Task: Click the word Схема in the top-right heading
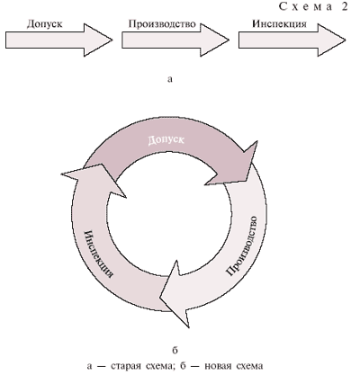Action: pyautogui.click(x=306, y=6)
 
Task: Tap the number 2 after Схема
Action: pyautogui.click(x=344, y=6)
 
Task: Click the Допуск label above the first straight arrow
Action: pyautogui.click(x=45, y=24)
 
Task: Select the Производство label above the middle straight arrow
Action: pyautogui.click(x=162, y=23)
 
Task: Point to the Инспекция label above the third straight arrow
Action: pyautogui.click(x=279, y=24)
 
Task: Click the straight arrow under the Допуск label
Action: pyautogui.click(x=59, y=40)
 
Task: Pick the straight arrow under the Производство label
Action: pyautogui.click(x=175, y=40)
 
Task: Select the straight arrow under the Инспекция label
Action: pyautogui.click(x=292, y=40)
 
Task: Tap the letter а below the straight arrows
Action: pyautogui.click(x=170, y=79)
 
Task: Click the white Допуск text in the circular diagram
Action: pyautogui.click(x=166, y=140)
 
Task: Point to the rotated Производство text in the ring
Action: pyautogui.click(x=242, y=246)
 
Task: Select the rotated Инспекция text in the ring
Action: pyautogui.click(x=98, y=254)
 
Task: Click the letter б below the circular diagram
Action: pyautogui.click(x=175, y=350)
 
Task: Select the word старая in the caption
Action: pyautogui.click(x=122, y=366)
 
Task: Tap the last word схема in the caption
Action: pyautogui.click(x=249, y=366)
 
